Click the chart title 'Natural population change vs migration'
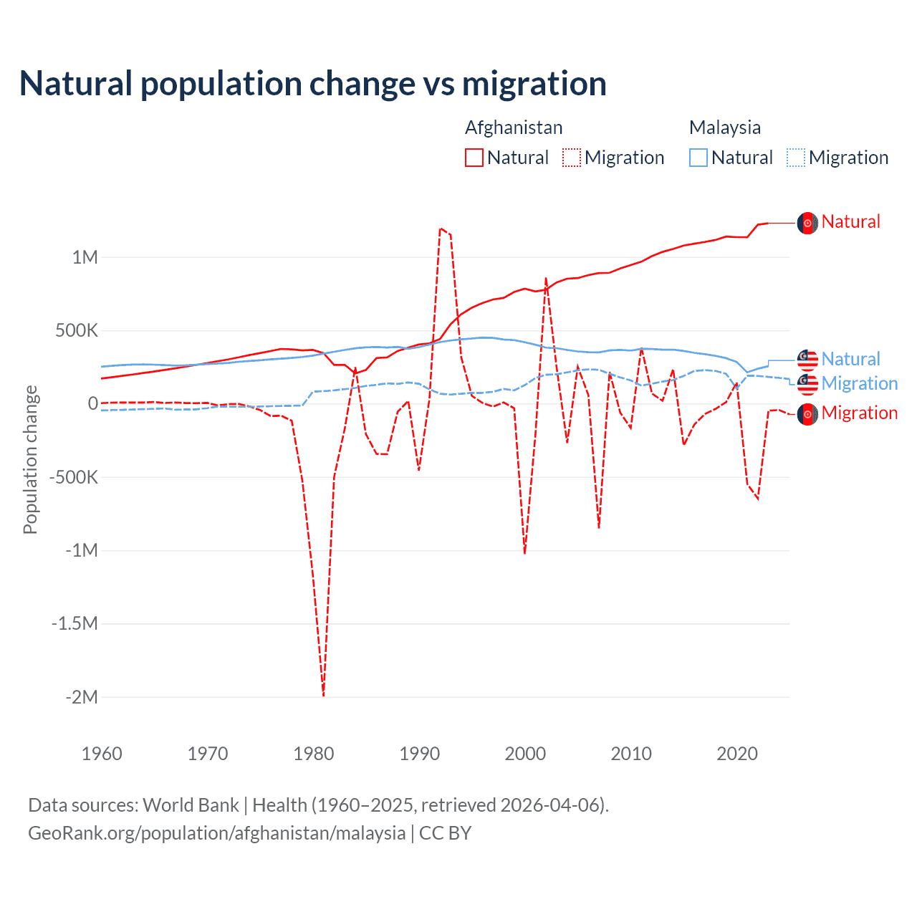coord(313,84)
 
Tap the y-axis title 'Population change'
coord(30,459)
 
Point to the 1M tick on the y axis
coord(85,257)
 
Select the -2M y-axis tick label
coord(81,697)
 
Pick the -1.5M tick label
coord(75,623)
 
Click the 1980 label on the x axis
coord(314,754)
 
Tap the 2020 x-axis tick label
coord(737,754)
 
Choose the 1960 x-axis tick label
coord(102,754)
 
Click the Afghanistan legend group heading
coord(514,128)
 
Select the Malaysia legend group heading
coord(724,128)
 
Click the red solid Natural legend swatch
coord(474,158)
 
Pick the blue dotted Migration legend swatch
coord(796,158)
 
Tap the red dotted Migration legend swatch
coord(572,158)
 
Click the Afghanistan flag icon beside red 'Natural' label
coord(807,223)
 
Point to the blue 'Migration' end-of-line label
coord(859,383)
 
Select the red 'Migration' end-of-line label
coord(859,413)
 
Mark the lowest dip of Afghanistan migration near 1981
coord(323,693)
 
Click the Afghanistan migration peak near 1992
coord(441,229)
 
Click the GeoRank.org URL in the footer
coord(216,833)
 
